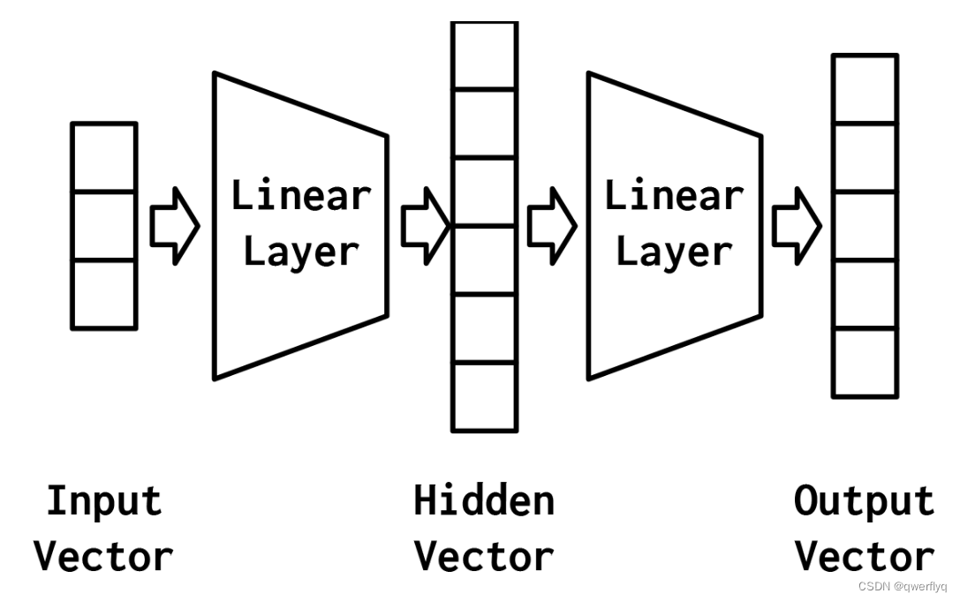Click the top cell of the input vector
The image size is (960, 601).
pyautogui.click(x=104, y=157)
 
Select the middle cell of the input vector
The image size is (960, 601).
pyautogui.click(x=104, y=225)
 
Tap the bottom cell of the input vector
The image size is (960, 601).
pyautogui.click(x=104, y=294)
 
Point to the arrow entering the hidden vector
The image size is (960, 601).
pyautogui.click(x=426, y=225)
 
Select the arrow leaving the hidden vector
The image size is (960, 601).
pyautogui.click(x=552, y=225)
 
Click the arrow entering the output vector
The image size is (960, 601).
pyautogui.click(x=797, y=225)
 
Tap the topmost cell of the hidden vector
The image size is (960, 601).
pyautogui.click(x=484, y=55)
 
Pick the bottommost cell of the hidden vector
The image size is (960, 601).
pyautogui.click(x=484, y=396)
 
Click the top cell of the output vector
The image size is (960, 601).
pyautogui.click(x=866, y=88)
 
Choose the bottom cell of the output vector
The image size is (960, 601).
pyautogui.click(x=866, y=363)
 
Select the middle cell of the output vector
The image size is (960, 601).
pyautogui.click(x=866, y=225)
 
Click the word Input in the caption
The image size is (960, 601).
pyautogui.click(x=104, y=501)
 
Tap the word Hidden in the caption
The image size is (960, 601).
pyautogui.click(x=484, y=501)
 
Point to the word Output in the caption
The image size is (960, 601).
pyautogui.click(x=864, y=501)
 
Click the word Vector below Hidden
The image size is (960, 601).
pyautogui.click(x=484, y=557)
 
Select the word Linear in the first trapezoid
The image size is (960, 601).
pyautogui.click(x=300, y=195)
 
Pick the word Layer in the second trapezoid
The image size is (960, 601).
pyautogui.click(x=674, y=252)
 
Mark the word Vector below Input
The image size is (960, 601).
pyautogui.click(x=103, y=557)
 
